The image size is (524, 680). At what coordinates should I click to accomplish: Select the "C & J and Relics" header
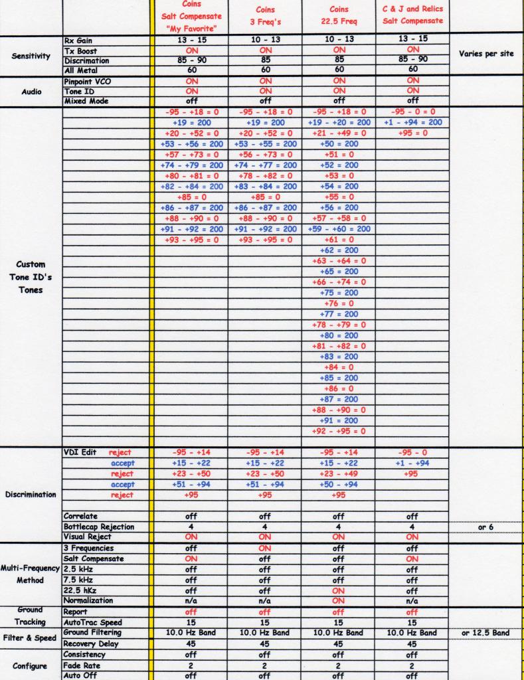pyautogui.click(x=413, y=9)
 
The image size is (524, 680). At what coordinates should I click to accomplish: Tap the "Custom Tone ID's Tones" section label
pyautogui.click(x=31, y=278)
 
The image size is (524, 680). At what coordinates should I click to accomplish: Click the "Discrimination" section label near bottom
pyautogui.click(x=31, y=494)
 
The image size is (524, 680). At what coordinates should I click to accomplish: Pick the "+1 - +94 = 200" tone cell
pyautogui.click(x=413, y=122)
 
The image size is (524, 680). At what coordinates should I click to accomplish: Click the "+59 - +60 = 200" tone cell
pyautogui.click(x=339, y=228)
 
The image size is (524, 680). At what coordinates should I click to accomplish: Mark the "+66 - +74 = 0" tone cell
pyautogui.click(x=339, y=282)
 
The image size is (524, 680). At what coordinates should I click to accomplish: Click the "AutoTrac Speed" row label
pyautogui.click(x=93, y=622)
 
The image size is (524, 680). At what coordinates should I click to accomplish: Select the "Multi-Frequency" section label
pyautogui.click(x=31, y=569)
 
